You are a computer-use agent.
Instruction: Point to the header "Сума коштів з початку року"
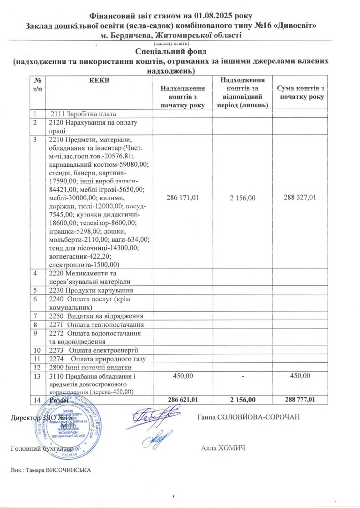(x=301, y=92)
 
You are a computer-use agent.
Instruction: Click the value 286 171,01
(x=183, y=198)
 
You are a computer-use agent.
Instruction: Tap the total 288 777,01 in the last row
(x=301, y=399)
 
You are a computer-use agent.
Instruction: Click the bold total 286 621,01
(x=183, y=399)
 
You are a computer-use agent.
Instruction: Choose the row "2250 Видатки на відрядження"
(x=96, y=316)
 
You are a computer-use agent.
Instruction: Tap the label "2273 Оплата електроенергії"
(x=94, y=350)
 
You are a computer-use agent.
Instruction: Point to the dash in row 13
(x=242, y=376)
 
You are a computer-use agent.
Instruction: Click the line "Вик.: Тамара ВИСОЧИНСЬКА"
(x=50, y=470)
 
